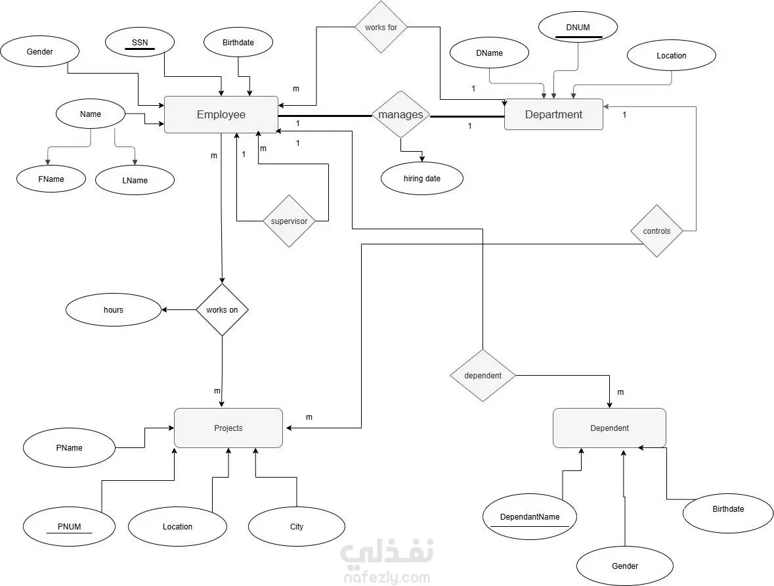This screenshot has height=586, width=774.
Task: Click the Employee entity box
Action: point(221,115)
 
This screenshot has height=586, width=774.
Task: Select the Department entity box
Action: point(553,115)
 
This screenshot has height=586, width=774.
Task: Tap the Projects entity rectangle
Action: point(228,428)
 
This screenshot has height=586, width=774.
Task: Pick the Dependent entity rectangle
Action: point(609,428)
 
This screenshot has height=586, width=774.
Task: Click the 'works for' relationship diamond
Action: point(381,28)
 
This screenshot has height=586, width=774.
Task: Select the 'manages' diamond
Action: point(400,115)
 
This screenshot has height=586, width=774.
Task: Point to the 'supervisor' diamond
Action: point(289,221)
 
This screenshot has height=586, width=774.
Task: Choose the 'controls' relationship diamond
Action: point(656,231)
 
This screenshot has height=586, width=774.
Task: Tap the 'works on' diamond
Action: point(222,310)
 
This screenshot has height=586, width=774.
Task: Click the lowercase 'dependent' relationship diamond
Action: point(483,376)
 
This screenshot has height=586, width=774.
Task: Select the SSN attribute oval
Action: point(140,43)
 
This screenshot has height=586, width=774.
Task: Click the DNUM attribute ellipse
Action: point(578,28)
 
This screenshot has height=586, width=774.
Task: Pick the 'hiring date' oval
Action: point(422,179)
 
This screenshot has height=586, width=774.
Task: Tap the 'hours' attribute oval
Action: point(114,310)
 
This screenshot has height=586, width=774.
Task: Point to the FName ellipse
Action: point(51,179)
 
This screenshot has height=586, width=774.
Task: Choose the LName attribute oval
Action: point(135,181)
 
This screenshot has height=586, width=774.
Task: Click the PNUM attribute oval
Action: point(69,527)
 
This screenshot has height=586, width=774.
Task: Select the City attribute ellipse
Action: point(297,527)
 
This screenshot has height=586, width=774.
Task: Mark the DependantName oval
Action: point(530,517)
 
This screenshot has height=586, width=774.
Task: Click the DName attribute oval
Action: point(489,53)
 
